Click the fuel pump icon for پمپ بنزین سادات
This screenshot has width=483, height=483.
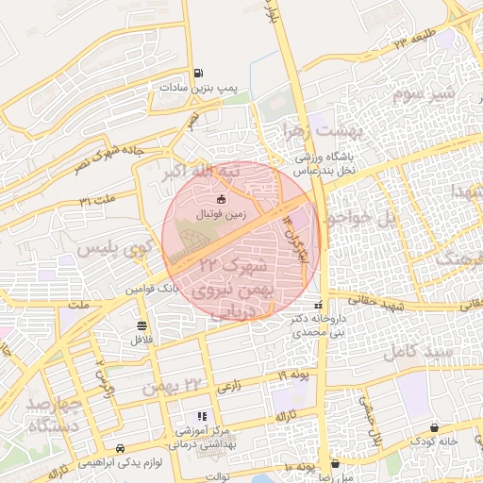tap(197, 74)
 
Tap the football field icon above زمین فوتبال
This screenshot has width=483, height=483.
tap(222, 199)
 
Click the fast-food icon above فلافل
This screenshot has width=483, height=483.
tap(141, 325)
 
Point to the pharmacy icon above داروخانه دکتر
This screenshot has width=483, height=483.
tap(318, 306)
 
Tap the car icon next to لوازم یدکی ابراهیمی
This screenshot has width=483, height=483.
tap(120, 448)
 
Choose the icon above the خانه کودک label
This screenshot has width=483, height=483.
tap(434, 427)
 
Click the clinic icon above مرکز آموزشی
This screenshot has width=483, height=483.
tap(201, 416)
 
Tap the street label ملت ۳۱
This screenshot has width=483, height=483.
tap(97, 200)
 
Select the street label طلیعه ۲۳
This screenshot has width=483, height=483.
tap(413, 42)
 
